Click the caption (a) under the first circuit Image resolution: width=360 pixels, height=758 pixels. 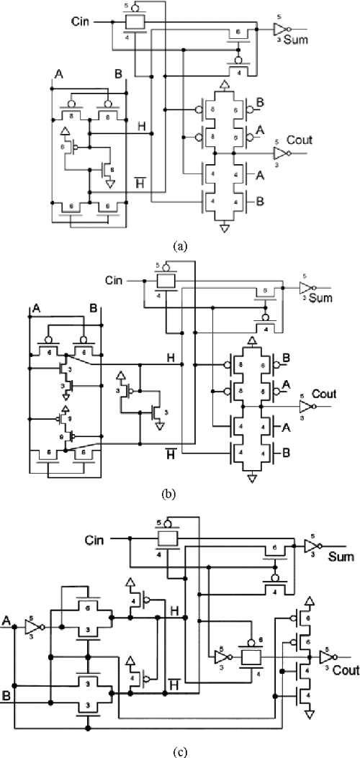pos(180,245)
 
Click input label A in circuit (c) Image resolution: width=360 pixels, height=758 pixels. pos(6,618)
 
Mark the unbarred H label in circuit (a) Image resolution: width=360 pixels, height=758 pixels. pos(142,127)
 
